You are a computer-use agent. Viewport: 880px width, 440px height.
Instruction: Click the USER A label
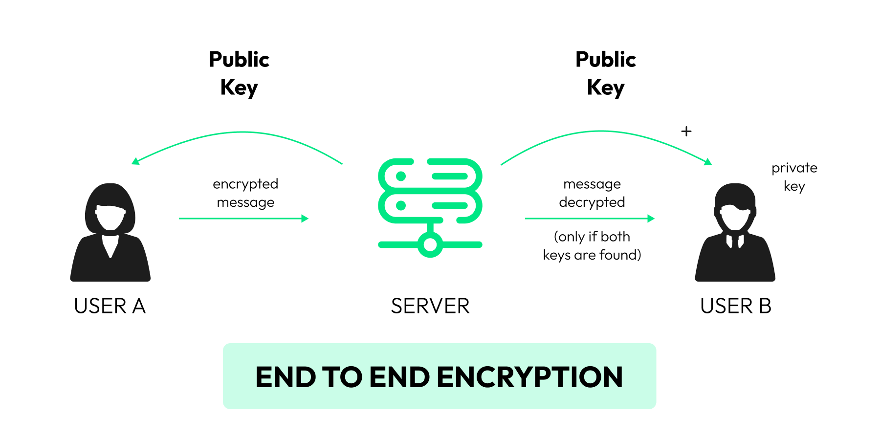[110, 306]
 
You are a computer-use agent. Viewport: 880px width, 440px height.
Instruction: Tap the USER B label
[735, 306]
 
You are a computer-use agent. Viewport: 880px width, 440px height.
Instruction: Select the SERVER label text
[430, 306]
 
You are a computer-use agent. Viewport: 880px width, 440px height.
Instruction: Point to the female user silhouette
[110, 235]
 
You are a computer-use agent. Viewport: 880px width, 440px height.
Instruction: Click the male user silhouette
[735, 235]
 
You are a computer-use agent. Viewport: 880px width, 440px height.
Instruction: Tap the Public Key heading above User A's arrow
[239, 73]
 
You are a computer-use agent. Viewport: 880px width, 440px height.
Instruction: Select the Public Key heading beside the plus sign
[606, 73]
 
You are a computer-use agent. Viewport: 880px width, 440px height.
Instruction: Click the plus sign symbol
[686, 131]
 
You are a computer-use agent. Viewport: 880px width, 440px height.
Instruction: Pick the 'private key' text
[794, 177]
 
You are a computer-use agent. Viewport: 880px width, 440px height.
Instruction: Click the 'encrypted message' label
[245, 193]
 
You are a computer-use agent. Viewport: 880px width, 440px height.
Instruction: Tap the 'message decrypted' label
[592, 193]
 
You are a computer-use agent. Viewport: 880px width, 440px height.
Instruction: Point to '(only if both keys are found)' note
[592, 246]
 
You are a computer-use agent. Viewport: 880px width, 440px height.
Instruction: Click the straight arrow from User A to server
[243, 219]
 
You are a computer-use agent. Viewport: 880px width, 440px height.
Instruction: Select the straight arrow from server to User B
[589, 219]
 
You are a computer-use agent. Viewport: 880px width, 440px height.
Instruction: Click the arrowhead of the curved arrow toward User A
[135, 161]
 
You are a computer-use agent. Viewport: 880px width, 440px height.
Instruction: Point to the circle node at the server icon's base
[430, 244]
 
